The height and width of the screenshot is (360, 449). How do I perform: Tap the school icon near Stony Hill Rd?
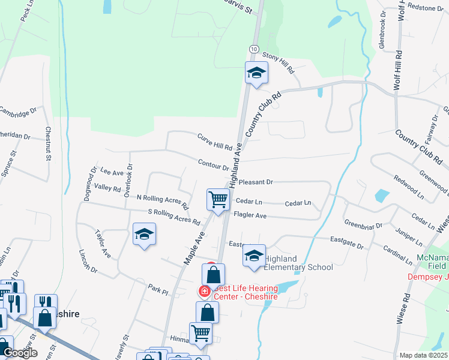tap(256, 73)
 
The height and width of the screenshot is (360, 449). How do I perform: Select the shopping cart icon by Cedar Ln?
tap(218, 199)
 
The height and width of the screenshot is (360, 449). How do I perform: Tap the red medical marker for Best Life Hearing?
tap(205, 291)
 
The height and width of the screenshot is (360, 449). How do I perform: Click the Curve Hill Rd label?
tap(215, 142)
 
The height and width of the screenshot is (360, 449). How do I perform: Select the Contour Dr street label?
tap(214, 164)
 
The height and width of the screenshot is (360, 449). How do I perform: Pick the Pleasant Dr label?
tap(256, 181)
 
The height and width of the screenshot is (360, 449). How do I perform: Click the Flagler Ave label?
tap(250, 215)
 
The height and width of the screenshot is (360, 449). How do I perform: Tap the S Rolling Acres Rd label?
tap(173, 216)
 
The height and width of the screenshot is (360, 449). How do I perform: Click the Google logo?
tap(20, 353)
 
